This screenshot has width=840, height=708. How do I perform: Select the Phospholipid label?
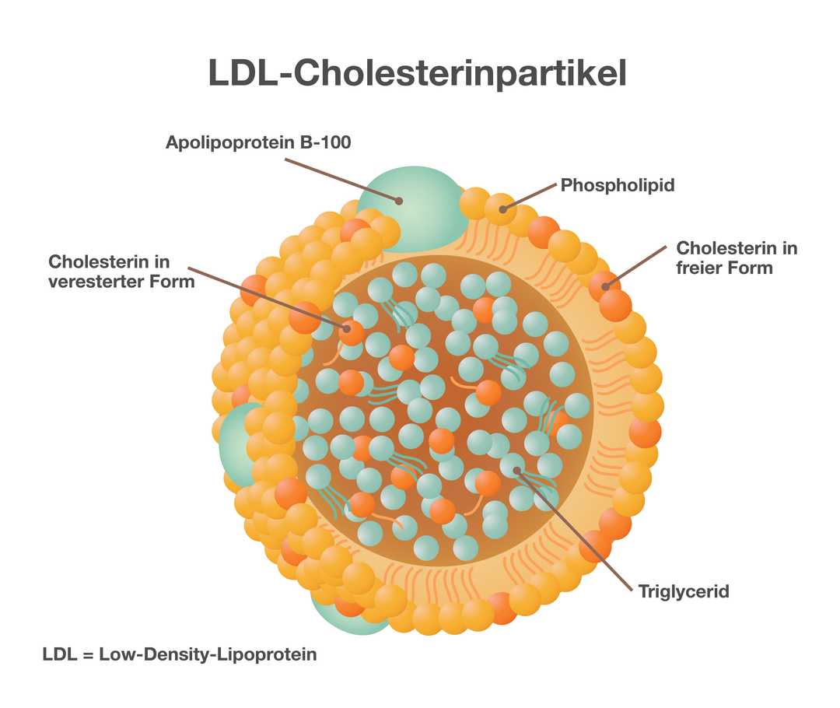(x=618, y=185)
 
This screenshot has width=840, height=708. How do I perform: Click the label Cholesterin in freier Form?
(x=737, y=258)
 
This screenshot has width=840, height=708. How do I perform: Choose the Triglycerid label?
(x=684, y=591)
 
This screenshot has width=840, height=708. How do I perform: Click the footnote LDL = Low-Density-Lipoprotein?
(x=180, y=654)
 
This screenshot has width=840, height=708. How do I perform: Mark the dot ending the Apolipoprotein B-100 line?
(x=399, y=200)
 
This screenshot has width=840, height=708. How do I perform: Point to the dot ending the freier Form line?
(x=606, y=286)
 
